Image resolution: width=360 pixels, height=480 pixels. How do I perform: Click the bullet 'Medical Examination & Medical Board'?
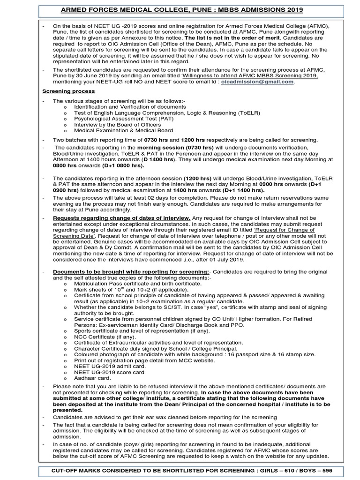[x=123, y=130]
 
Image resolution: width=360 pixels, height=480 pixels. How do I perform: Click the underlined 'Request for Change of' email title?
[x=285, y=231]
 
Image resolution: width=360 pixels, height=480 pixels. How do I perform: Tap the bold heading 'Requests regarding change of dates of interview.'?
[x=121, y=218]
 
